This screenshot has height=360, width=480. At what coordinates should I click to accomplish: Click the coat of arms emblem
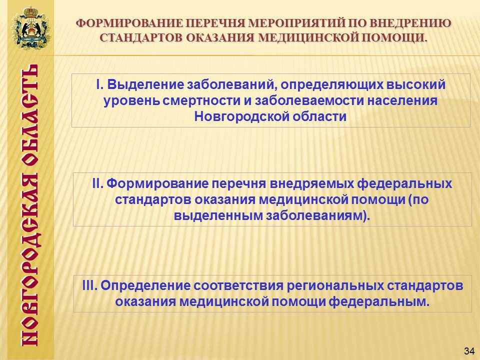tap(30, 27)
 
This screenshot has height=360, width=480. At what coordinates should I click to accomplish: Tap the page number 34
tap(469, 351)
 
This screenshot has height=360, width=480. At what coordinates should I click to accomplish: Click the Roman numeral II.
tap(97, 183)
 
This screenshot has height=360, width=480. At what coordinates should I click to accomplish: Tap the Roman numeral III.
tap(89, 285)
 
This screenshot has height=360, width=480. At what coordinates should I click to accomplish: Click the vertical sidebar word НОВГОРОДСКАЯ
tap(30, 260)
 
